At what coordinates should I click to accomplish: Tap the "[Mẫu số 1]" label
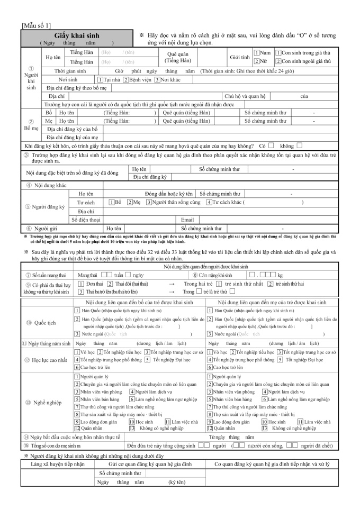pos(36,25)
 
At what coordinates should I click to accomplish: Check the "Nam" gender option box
pos(256,53)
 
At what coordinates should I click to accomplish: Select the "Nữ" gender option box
pos(256,61)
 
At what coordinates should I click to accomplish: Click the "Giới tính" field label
pos(236,57)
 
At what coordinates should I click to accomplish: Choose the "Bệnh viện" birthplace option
pos(126,79)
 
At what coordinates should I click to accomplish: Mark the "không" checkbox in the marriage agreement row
pos(300,146)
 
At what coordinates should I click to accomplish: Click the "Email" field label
pos(187,220)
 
